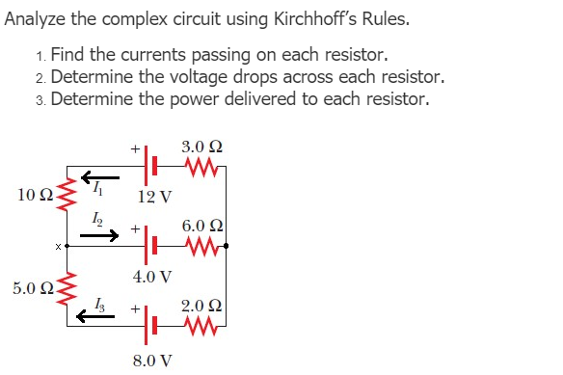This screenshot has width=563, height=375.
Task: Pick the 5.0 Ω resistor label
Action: [32, 287]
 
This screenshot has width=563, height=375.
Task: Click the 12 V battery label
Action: [154, 198]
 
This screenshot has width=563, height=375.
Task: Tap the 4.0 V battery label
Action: [152, 278]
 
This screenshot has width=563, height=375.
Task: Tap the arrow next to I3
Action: [99, 314]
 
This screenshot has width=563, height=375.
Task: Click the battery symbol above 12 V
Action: [148, 168]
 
